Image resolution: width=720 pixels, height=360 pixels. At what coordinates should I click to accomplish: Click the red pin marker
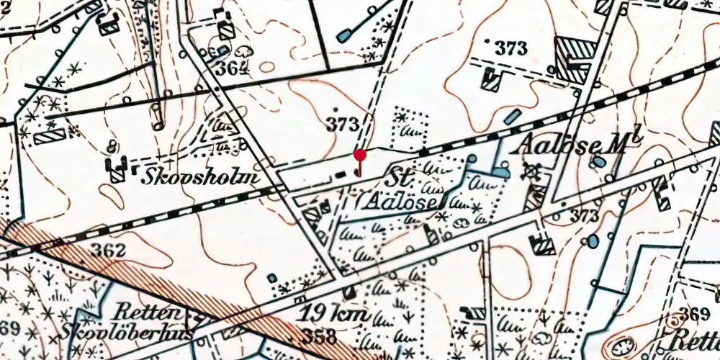click(359, 156)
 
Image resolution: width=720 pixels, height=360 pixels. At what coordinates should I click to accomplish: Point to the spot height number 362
click(109, 251)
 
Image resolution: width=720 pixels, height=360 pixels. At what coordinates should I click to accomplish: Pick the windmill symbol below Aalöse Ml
click(534, 170)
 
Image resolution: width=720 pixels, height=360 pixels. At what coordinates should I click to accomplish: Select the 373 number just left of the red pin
click(342, 124)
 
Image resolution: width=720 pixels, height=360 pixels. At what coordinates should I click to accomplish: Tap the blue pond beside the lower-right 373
click(593, 241)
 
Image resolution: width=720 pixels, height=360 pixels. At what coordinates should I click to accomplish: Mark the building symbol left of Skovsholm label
click(117, 170)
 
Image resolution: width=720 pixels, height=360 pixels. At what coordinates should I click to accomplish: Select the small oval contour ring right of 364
click(267, 67)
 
